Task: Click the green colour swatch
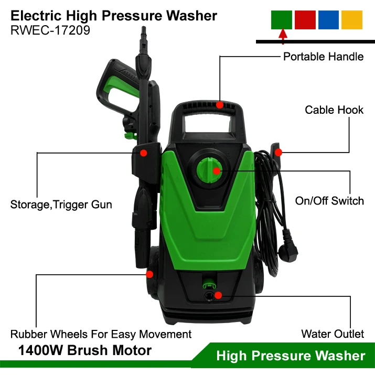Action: pos(281,19)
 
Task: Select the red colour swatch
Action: pos(305,19)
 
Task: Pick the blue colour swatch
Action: pos(328,19)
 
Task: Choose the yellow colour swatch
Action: pos(351,19)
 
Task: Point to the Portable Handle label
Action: pos(323,57)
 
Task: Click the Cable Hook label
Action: pos(334,110)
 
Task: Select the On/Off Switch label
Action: pos(329,201)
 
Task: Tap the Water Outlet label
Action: pos(333,334)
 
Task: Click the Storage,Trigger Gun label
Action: pos(61,205)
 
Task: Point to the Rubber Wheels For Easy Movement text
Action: pos(101,334)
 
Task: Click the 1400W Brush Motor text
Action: pos(85,350)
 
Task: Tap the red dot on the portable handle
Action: pos(220,105)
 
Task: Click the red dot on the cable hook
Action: pos(278,153)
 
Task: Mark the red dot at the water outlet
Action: pos(219,295)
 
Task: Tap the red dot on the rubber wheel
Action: pos(149,274)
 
